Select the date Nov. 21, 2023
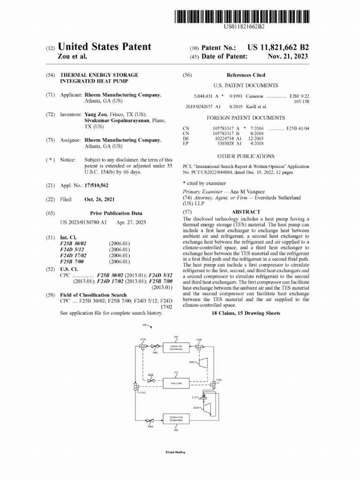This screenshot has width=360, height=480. pos(288,56)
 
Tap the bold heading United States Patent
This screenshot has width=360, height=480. pos(104,47)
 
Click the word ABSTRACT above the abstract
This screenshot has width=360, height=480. pos(246,212)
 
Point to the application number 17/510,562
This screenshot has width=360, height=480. pos(97,186)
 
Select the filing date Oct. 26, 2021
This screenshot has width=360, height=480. pos(100,199)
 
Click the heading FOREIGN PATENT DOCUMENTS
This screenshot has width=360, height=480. pos(246,118)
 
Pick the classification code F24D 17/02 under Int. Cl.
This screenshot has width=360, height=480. pos(73,255)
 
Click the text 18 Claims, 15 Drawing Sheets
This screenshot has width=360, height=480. pos(246,313)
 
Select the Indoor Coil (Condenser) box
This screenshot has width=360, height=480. pos(176,348)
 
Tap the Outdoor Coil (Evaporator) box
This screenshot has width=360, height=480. pos(176,419)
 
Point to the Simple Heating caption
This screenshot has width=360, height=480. pos(175,452)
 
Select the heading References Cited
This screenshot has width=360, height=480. pos(246,75)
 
